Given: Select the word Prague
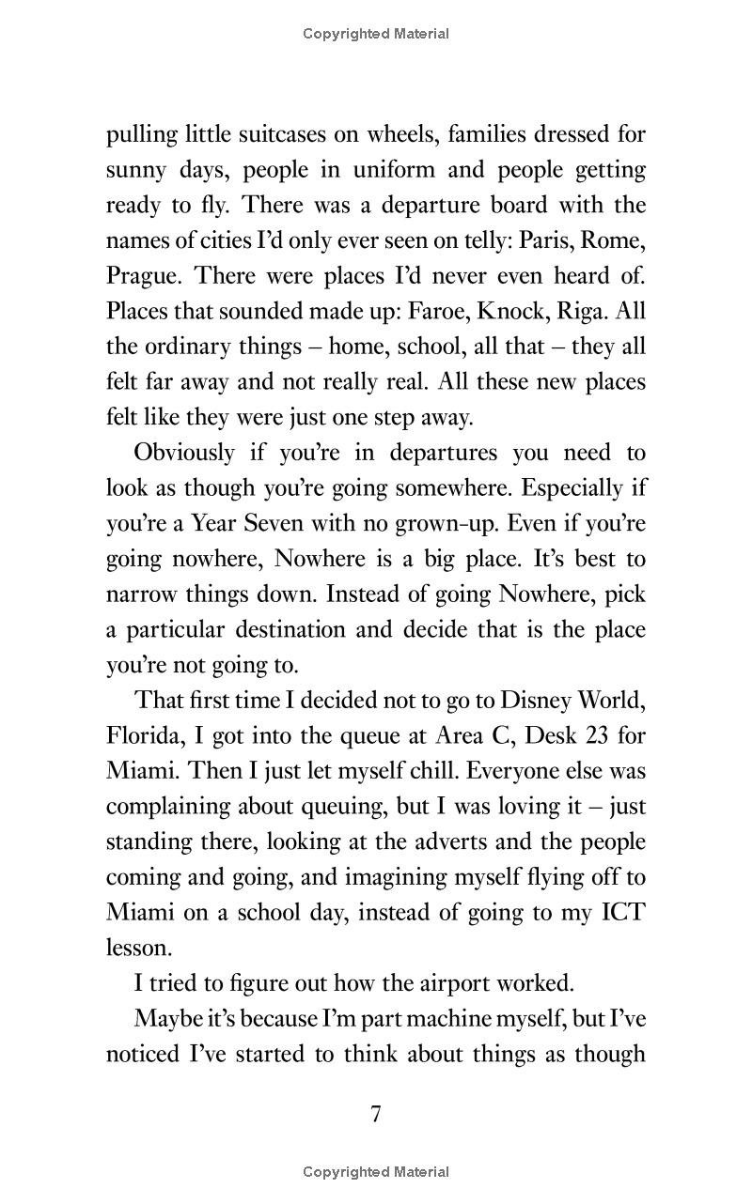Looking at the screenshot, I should click(x=141, y=276).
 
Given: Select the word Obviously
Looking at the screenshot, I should click(x=184, y=453).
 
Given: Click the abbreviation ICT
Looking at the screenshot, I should click(x=621, y=913).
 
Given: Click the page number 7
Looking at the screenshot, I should click(x=376, y=1115).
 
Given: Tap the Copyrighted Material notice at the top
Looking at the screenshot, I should click(x=376, y=34).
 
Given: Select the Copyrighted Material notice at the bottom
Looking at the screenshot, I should click(x=376, y=1172).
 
